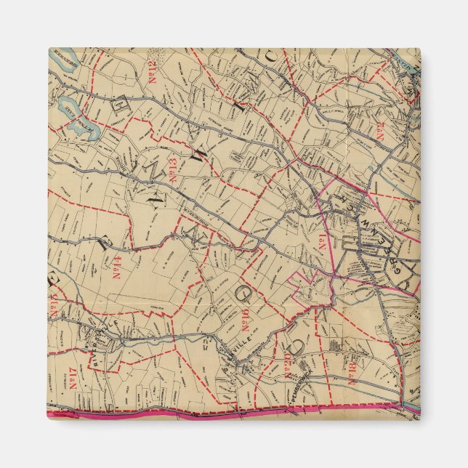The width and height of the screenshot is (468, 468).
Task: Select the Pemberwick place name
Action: coord(304,397)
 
